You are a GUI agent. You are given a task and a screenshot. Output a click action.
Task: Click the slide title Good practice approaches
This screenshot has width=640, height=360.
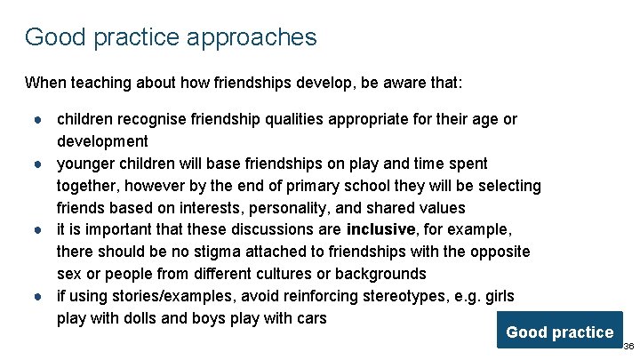click(171, 37)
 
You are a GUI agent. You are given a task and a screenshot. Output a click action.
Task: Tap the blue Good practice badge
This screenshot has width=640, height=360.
click(559, 332)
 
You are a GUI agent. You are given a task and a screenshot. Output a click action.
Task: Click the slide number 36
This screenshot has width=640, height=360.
click(628, 346)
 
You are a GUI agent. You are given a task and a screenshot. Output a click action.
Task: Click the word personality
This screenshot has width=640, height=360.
click(290, 208)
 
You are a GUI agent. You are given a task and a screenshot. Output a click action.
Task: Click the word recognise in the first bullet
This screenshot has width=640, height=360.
click(156, 119)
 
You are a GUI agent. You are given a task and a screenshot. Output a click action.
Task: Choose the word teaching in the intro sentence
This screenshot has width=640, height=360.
click(100, 84)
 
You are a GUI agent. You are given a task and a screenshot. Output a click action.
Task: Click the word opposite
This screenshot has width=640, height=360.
click(500, 252)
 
